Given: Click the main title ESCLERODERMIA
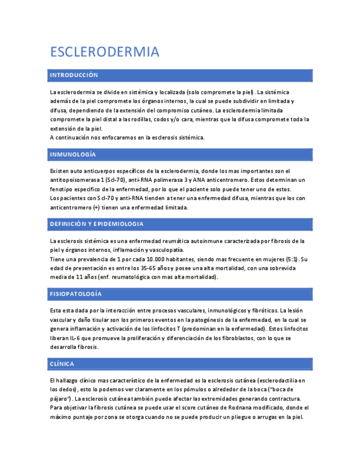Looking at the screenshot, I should coord(104,52).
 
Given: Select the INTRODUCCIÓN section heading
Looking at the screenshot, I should coord(74,75).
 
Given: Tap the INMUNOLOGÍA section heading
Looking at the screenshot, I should coord(73,154).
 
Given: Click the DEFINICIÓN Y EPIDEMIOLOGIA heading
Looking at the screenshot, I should coord(96,224).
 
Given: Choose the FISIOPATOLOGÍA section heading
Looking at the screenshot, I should coord(76,294).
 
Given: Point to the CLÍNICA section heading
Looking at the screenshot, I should coord(62,364).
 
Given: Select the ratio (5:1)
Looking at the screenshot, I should coord(291,259).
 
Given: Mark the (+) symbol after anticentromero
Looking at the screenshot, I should coord(97,208).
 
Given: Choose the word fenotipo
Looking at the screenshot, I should coord(62,189).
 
